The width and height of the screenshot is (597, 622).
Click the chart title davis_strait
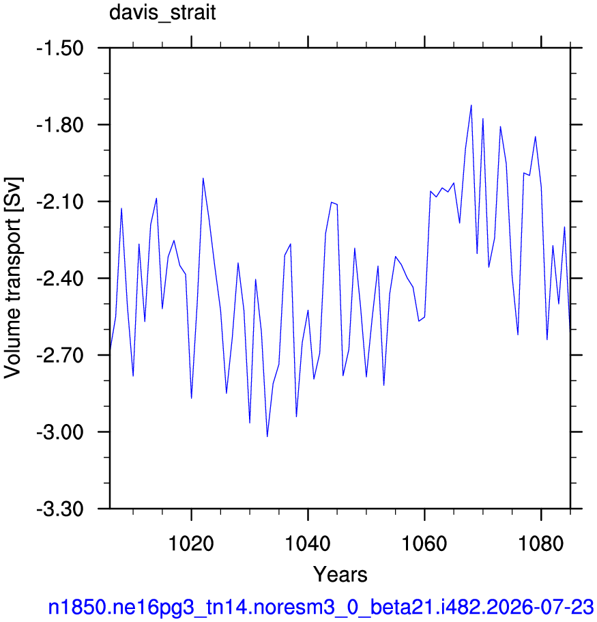tap(162, 13)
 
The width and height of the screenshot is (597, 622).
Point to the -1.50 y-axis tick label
tap(60, 48)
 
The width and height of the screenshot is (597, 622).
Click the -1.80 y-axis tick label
tap(60, 125)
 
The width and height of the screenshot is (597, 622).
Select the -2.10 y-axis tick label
tap(60, 202)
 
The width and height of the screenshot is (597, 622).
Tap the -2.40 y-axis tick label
tap(60, 279)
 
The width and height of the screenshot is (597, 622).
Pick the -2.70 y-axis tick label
tap(60, 355)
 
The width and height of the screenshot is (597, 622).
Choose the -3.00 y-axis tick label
tap(60, 432)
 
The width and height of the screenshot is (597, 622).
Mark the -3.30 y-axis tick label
tap(60, 509)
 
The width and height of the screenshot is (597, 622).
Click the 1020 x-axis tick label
tap(191, 543)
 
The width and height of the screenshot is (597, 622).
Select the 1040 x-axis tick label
tap(308, 543)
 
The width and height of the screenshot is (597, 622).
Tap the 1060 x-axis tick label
tap(424, 543)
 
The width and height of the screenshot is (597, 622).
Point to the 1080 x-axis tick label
tap(540, 543)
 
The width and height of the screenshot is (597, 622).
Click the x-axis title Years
tap(340, 574)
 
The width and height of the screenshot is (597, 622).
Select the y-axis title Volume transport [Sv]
tap(13, 278)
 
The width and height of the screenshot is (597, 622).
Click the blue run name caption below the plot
tap(321, 607)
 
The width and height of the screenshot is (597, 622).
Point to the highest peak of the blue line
tap(471, 105)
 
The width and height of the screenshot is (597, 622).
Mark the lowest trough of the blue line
tap(267, 436)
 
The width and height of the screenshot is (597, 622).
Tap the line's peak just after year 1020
tap(203, 178)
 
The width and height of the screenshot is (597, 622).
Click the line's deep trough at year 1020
tap(192, 398)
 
